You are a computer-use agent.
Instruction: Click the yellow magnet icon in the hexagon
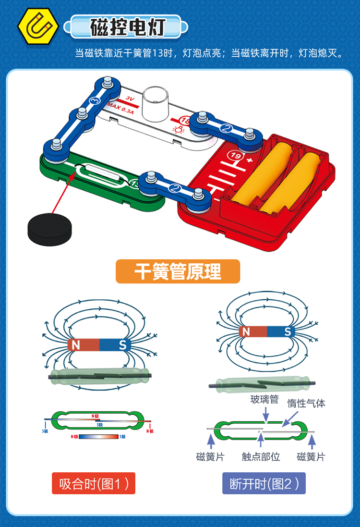[38, 27]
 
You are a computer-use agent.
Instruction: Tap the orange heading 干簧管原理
[178, 272]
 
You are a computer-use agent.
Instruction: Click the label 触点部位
[261, 456]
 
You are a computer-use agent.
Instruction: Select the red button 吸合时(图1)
[94, 483]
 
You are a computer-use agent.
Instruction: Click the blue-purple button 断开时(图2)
[264, 483]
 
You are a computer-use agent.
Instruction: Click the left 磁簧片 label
[210, 456]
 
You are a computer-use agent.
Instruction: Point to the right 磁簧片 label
[311, 456]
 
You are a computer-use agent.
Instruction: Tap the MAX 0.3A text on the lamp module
[121, 108]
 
